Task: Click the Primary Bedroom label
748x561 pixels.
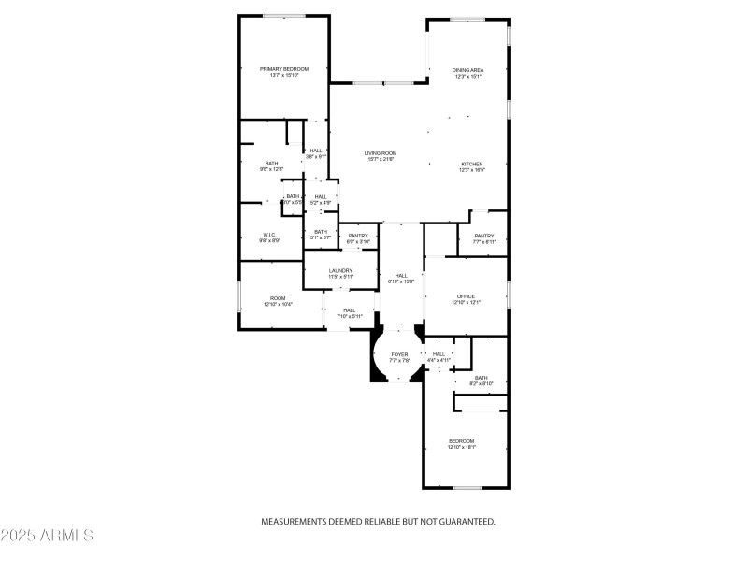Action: [x=283, y=69]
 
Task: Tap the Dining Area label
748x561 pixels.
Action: [x=467, y=70]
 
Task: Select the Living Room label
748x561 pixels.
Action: [x=381, y=152]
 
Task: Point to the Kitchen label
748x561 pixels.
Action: [x=471, y=164]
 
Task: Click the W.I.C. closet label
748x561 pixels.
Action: [x=269, y=235]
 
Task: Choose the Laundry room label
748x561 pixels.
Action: [x=340, y=271]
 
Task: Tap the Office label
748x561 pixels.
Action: [x=466, y=296]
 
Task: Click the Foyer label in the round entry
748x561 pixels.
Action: [x=399, y=354]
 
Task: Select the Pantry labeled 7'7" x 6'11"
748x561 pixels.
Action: [x=483, y=236]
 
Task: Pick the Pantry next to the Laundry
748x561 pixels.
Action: [x=359, y=236]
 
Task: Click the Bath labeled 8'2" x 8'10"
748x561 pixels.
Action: [x=481, y=377]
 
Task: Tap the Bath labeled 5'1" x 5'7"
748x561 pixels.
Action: [x=321, y=232]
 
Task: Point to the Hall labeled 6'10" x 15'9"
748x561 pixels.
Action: [x=401, y=276]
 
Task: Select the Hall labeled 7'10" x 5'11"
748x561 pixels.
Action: [x=349, y=310]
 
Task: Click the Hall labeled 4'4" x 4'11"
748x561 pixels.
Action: [x=439, y=353]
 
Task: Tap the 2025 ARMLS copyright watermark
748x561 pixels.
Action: [x=47, y=536]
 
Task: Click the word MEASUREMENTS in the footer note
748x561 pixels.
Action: [x=292, y=522]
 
